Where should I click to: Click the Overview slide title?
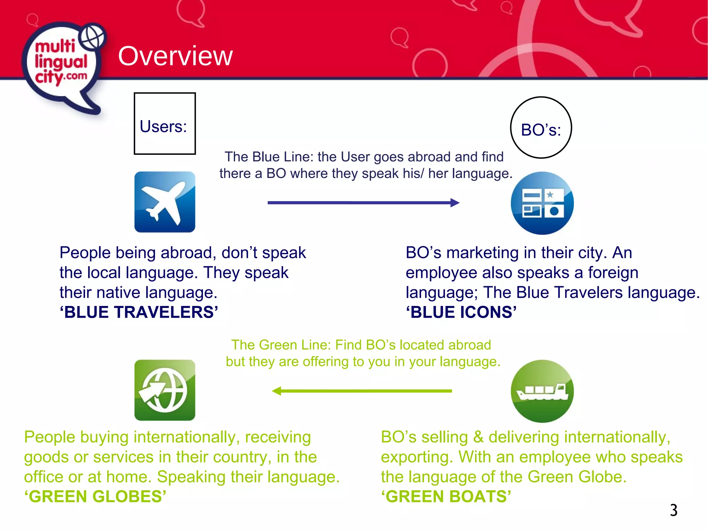point(175,56)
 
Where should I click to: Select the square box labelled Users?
point(165,123)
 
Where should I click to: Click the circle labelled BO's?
point(541,128)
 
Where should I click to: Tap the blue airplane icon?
point(165,202)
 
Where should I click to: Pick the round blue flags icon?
point(542,203)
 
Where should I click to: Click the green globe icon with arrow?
point(165,390)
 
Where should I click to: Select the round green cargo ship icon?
point(542,391)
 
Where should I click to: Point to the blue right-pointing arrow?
point(363,203)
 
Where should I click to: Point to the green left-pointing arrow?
point(362,391)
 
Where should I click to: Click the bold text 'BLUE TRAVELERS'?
point(139,312)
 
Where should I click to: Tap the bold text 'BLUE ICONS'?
point(461,312)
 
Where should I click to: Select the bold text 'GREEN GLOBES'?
point(95,496)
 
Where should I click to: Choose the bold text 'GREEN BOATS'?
point(446,496)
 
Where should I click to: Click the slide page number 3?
point(673,510)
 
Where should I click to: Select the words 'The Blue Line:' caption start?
point(269,157)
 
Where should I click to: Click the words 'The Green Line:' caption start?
point(281,345)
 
